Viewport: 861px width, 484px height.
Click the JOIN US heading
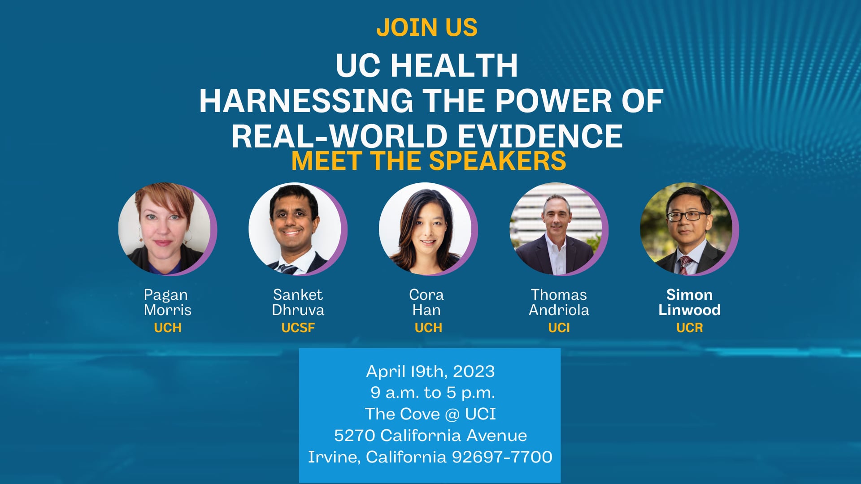(427, 27)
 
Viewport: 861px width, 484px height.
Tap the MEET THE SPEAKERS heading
(429, 160)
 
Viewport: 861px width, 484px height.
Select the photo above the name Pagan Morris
(165, 229)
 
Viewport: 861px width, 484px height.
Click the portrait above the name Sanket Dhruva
(295, 229)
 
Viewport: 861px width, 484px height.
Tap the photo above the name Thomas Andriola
(556, 229)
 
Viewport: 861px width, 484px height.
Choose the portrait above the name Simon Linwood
(687, 229)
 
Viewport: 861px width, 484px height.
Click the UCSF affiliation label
(298, 328)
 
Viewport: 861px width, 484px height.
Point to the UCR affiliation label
(689, 328)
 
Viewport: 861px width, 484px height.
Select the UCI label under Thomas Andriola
(559, 328)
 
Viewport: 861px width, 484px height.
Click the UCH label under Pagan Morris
(167, 328)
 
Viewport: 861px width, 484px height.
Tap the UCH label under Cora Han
(428, 328)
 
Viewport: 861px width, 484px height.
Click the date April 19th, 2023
(430, 371)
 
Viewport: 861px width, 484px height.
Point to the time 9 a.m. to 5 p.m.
(432, 393)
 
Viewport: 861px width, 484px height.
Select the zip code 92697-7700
(502, 457)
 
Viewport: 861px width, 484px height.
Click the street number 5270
(354, 435)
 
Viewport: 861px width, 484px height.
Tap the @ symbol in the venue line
(452, 414)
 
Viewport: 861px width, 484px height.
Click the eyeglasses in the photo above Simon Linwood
(686, 216)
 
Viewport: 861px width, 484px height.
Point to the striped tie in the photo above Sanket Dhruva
(287, 269)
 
